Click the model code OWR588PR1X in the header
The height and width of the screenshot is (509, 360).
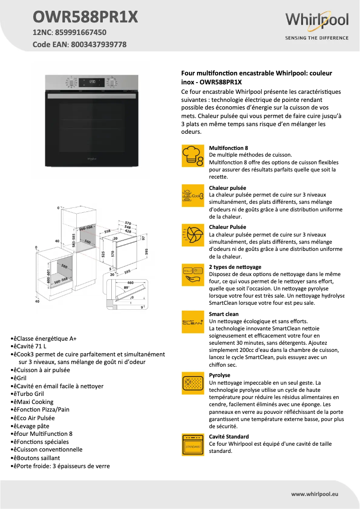click(x=85, y=17)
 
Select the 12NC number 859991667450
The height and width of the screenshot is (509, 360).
click(x=80, y=32)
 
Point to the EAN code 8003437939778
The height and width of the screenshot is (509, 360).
click(x=97, y=44)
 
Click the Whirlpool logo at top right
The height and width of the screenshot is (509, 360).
click(x=317, y=21)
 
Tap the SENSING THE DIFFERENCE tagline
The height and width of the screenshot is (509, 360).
click(x=317, y=38)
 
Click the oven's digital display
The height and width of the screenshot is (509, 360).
click(x=92, y=82)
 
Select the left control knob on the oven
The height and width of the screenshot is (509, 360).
click(x=71, y=83)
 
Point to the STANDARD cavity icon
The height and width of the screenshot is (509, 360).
click(x=193, y=445)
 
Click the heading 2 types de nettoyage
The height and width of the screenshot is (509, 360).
click(x=235, y=267)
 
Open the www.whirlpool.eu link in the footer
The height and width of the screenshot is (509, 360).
click(x=314, y=494)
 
